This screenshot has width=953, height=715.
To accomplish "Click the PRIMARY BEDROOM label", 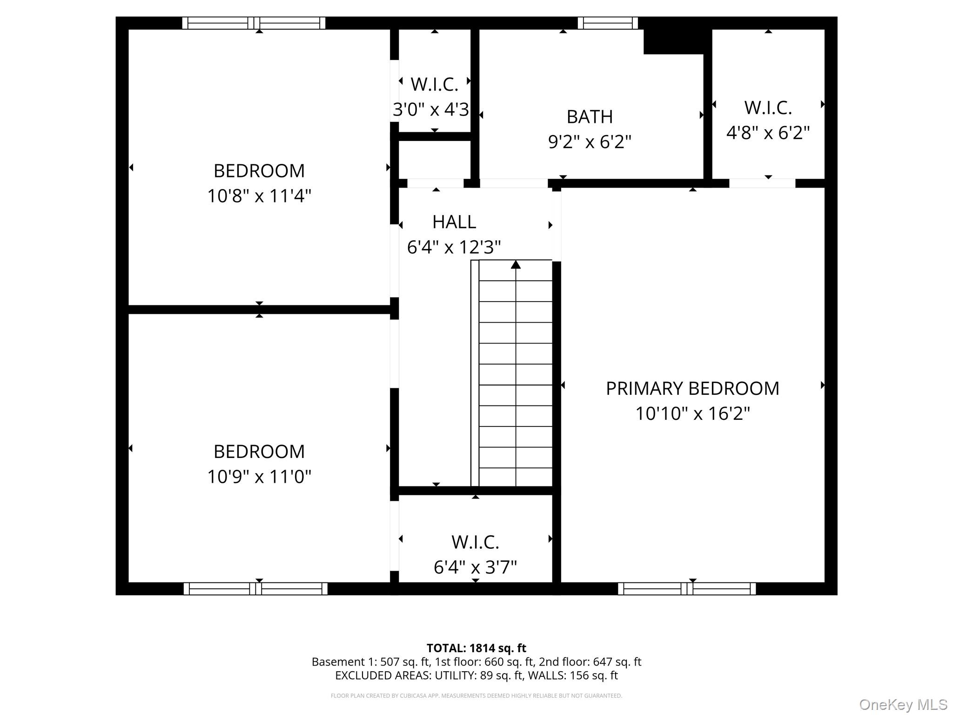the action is pos(692,388).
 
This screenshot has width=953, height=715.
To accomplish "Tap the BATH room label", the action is pos(590,116).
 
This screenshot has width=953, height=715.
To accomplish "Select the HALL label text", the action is pos(454,222).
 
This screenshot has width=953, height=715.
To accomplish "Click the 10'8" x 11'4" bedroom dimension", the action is pos(259,196).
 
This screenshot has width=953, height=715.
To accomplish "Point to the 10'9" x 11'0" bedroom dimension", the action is pos(259,476).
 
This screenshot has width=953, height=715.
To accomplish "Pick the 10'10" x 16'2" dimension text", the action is pos(693,413).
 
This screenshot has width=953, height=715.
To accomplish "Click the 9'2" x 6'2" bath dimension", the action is pos(590,142).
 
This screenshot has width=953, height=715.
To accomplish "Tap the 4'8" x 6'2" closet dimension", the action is pos(768,133).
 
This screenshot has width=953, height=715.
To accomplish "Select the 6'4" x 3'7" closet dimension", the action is pos(475,567).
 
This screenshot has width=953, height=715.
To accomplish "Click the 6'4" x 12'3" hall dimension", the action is pos(454,247).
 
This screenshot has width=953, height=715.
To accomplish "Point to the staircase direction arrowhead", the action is pos(516,264).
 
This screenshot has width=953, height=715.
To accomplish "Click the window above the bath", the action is pos(608,23).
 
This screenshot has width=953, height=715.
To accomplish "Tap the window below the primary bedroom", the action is pos(687,589).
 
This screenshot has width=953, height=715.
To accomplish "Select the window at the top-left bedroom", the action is pos(254,23).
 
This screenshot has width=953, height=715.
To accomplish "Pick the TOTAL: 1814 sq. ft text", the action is pos(476,648).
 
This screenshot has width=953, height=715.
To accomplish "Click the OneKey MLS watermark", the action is pos(903,705).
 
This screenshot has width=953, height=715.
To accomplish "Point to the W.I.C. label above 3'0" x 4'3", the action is pos(434,84).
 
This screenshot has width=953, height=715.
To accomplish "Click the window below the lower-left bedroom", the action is pos(255,589).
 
